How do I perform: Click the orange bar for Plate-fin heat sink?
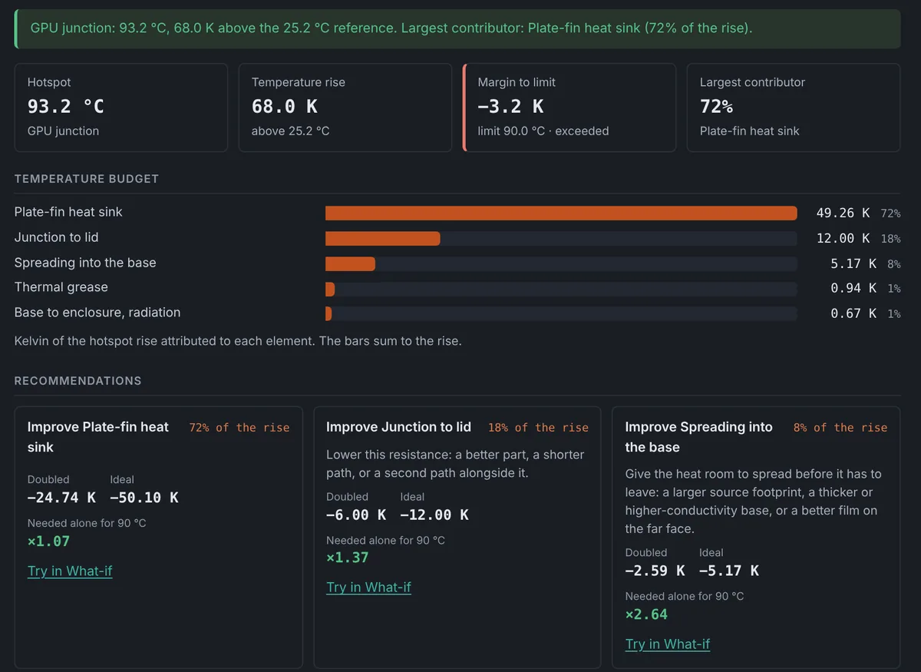561,214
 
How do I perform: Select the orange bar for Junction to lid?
382,238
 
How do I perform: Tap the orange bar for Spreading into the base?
350,263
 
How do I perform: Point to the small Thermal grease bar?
330,290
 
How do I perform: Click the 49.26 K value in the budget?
843,213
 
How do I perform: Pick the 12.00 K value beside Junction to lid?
843,238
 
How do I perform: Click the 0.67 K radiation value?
853,313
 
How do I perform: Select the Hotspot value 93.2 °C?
66,107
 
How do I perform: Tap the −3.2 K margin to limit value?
510,107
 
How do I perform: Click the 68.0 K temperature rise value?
285,107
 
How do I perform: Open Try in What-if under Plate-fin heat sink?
70,571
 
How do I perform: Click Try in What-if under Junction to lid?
368,588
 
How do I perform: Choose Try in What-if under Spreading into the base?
667,644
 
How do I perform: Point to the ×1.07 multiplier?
48,541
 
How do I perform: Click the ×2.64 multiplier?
646,614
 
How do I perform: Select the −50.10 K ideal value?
144,498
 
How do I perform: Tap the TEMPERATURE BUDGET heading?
86,179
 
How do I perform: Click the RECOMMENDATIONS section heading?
78,381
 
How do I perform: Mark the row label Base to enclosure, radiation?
97,313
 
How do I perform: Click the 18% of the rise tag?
538,428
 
